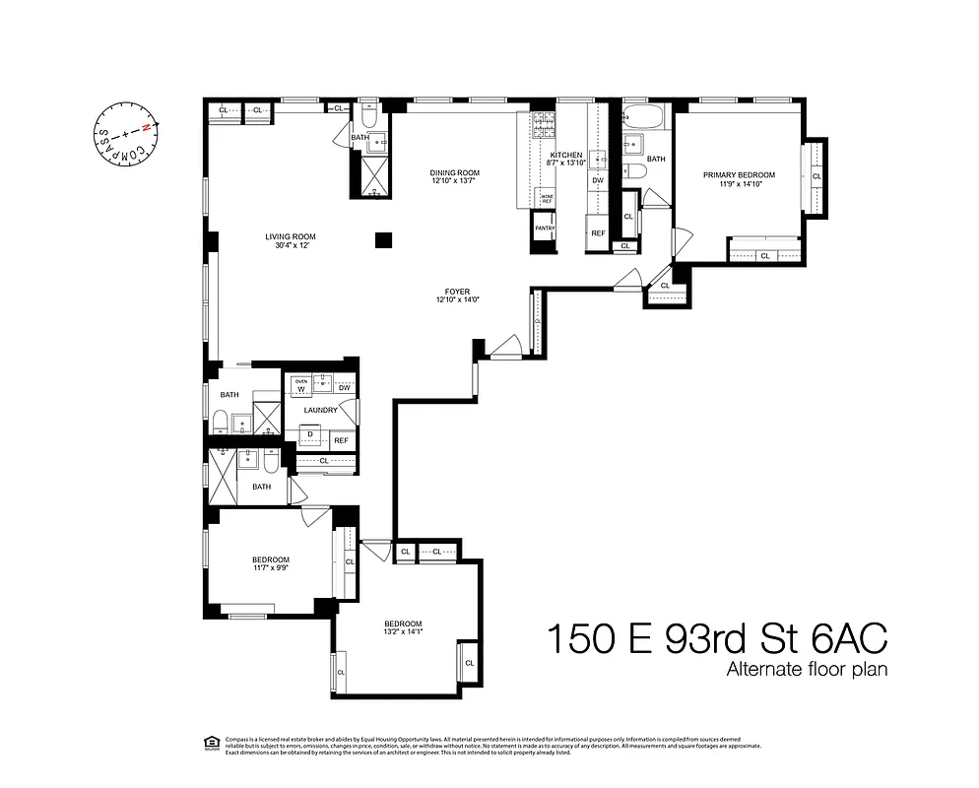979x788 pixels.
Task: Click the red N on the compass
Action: tap(148, 127)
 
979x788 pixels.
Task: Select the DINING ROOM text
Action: tap(455, 172)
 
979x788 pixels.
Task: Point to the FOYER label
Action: tap(456, 292)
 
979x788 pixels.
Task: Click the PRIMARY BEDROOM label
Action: tap(739, 175)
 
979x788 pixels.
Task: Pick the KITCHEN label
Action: tap(566, 156)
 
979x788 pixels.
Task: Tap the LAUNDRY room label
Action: tap(320, 410)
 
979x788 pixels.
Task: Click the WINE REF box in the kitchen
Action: tap(546, 199)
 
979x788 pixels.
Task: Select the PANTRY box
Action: tap(545, 229)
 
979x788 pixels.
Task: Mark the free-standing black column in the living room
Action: tap(383, 239)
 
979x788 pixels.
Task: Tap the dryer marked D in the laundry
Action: tap(312, 434)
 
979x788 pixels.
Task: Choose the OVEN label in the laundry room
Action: tap(302, 380)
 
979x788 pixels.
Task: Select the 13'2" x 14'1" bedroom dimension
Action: tap(403, 632)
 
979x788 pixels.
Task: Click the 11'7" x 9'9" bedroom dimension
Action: tap(270, 568)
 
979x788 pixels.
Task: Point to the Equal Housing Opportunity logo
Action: tap(208, 742)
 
